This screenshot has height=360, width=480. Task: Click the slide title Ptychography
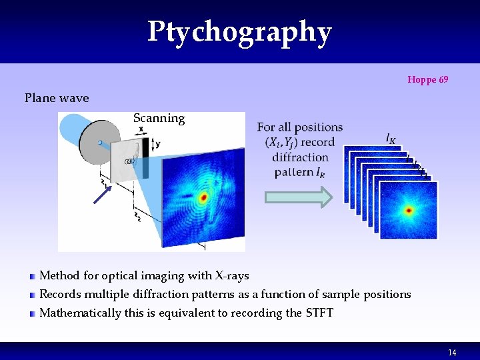tap(239, 32)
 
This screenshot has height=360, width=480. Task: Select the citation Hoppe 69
tap(427, 80)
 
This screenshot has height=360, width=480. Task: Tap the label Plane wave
tap(57, 98)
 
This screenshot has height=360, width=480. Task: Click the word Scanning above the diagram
tap(159, 118)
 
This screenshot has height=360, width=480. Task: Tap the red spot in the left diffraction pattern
tap(203, 198)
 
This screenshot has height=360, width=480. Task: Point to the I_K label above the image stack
tap(390, 138)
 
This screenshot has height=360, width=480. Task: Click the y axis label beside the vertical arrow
tap(157, 144)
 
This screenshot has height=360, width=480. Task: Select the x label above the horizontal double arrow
tap(141, 129)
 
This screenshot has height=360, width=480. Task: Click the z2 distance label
tap(137, 216)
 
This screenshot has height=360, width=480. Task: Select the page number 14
tap(452, 353)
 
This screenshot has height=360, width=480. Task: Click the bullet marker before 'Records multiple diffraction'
tap(32, 295)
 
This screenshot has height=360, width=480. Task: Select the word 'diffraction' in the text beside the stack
tap(300, 157)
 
